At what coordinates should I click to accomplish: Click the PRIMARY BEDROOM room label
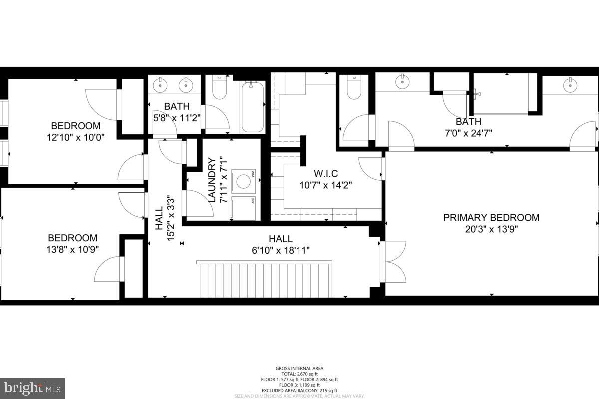coord(491,218)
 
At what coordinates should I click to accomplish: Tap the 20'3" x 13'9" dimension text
coord(491,229)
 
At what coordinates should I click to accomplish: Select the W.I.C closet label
coord(326,174)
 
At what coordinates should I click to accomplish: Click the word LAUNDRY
coord(211,180)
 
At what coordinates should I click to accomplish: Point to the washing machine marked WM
coord(244,181)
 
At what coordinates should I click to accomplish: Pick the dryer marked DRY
coord(244,207)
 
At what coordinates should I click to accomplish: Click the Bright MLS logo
coord(32,388)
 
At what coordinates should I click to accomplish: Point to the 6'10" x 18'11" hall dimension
coord(280,250)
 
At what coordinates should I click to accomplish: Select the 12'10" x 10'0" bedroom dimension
coord(75,137)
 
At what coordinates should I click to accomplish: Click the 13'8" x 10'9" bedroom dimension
coord(72,249)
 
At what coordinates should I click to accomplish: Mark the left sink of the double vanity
coord(160,84)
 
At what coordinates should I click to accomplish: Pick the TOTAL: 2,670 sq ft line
coord(299,374)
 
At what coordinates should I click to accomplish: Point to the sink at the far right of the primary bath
coord(570,85)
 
